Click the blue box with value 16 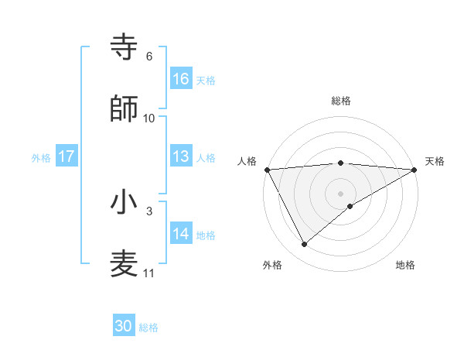pyautogui.click(x=181, y=79)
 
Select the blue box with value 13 pyautogui.click(x=181, y=156)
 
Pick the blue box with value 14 pyautogui.click(x=181, y=233)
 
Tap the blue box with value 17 pyautogui.click(x=66, y=156)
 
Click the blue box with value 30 pyautogui.click(x=124, y=326)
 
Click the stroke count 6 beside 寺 pyautogui.click(x=149, y=57)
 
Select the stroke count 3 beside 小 pyautogui.click(x=149, y=211)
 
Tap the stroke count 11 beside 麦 pyautogui.click(x=149, y=273)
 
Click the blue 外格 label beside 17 pyautogui.click(x=41, y=157)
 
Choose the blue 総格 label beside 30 pyautogui.click(x=148, y=328)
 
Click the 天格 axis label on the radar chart pyautogui.click(x=435, y=161)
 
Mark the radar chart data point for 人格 pyautogui.click(x=267, y=169)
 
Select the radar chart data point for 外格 pyautogui.click(x=304, y=245)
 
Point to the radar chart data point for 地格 pyautogui.click(x=350, y=206)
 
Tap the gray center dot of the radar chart pyautogui.click(x=340, y=193)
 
